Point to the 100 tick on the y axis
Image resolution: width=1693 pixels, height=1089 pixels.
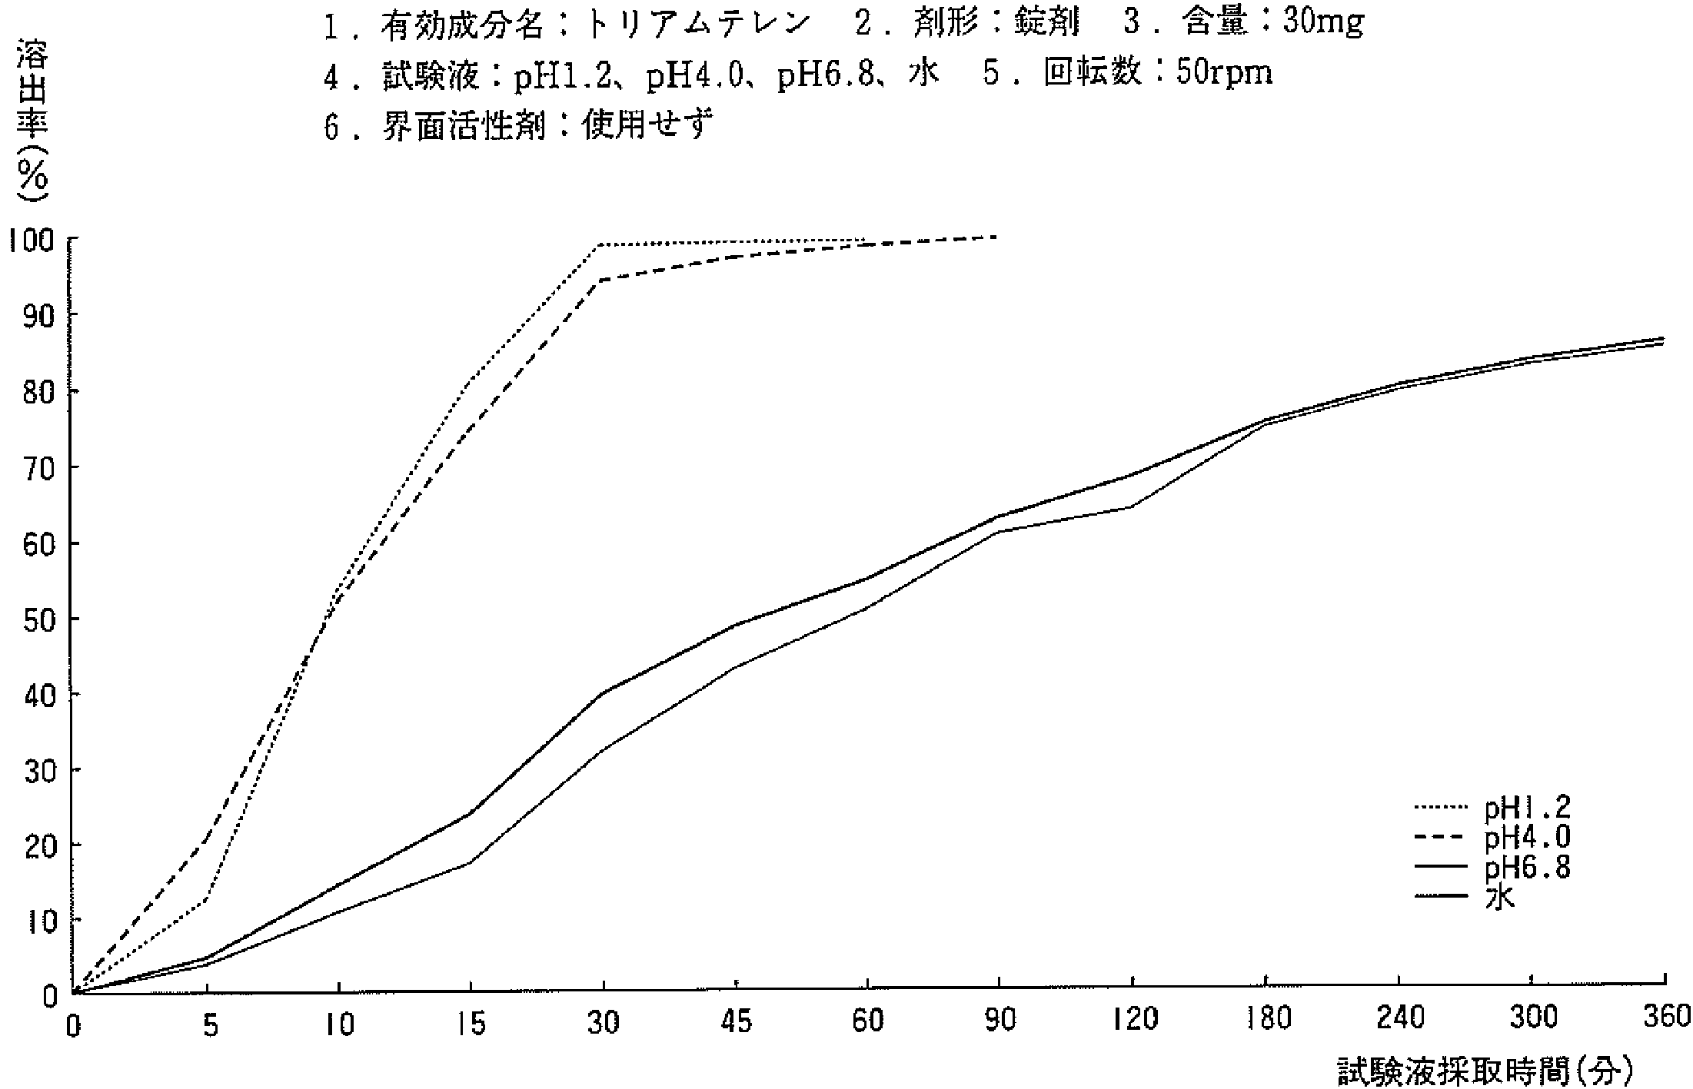[32, 240]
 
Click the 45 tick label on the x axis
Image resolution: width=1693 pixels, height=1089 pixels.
[737, 1022]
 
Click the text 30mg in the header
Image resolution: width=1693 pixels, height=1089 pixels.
[1324, 23]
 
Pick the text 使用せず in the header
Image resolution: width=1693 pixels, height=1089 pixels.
[645, 124]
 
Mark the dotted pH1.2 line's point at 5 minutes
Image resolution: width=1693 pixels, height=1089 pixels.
[206, 900]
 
